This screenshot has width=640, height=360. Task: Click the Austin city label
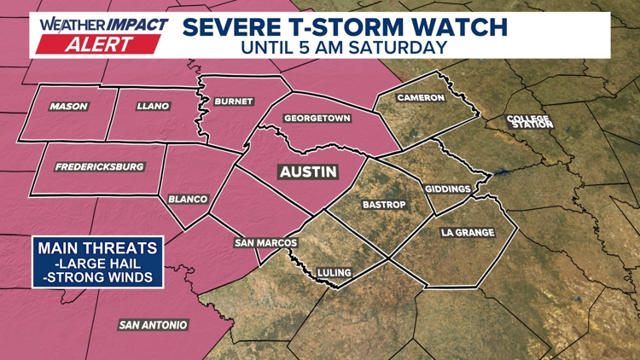[308, 171]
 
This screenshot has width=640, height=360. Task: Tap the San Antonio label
[153, 325]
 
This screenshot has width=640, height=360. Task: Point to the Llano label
[154, 107]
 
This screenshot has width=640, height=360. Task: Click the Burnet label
[233, 102]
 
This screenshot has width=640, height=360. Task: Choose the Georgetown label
[317, 119]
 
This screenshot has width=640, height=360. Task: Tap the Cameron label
[421, 98]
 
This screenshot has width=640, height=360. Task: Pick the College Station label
[529, 121]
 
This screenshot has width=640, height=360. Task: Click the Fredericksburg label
[99, 167]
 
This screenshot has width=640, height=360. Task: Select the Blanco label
[188, 200]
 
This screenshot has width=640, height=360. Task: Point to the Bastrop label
[384, 205]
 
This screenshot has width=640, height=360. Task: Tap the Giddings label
[447, 189]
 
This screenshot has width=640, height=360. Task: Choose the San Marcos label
[265, 243]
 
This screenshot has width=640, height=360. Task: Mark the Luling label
[335, 273]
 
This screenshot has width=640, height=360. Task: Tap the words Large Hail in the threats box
[98, 264]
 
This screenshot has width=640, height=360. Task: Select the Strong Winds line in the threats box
[98, 277]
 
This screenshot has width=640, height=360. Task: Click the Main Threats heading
[98, 248]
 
